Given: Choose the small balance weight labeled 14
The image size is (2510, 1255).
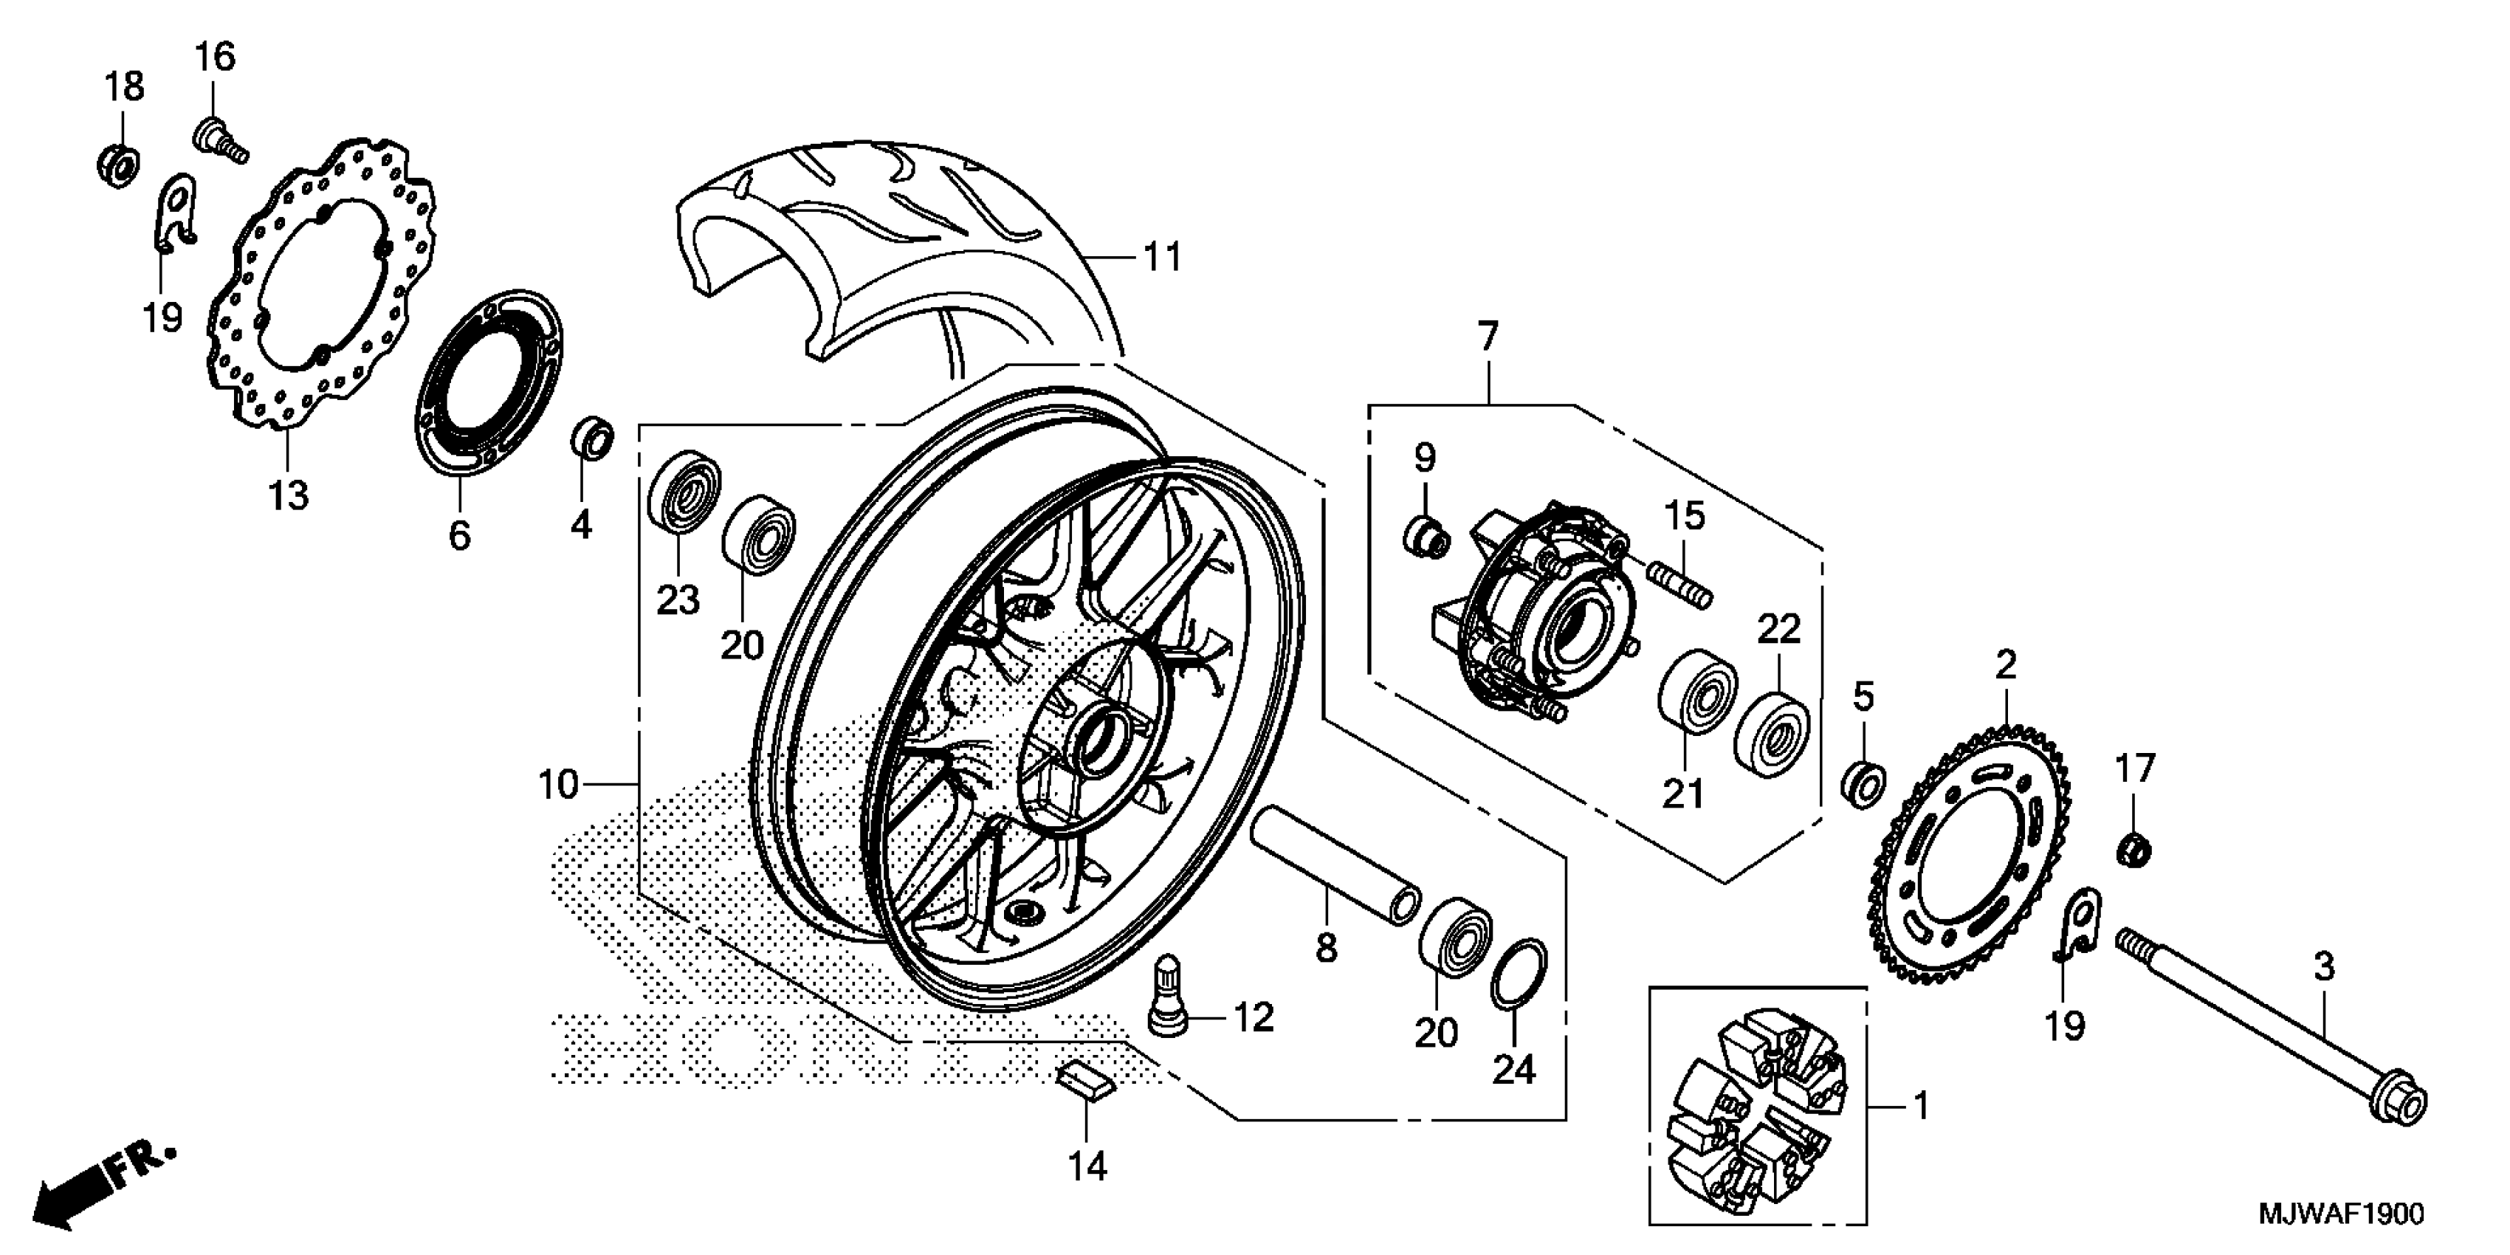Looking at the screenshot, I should (x=1084, y=1082).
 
